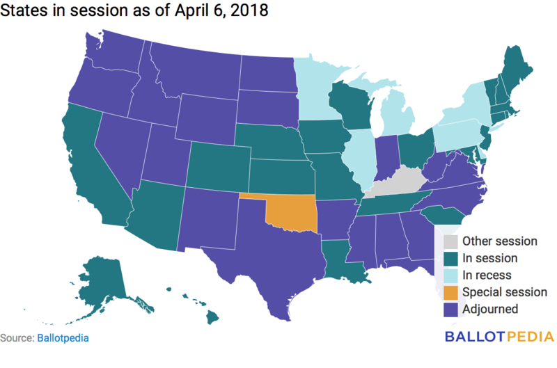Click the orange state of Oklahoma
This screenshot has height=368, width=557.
pos(292,212)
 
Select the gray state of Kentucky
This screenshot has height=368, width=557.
pos(397,183)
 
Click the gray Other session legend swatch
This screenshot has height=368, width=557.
pos(450,241)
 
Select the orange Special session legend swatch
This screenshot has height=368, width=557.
pos(450,292)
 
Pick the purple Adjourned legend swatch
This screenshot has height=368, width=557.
pos(450,309)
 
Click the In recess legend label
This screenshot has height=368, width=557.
pos(487,275)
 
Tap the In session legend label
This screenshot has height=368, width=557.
pos(490,258)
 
